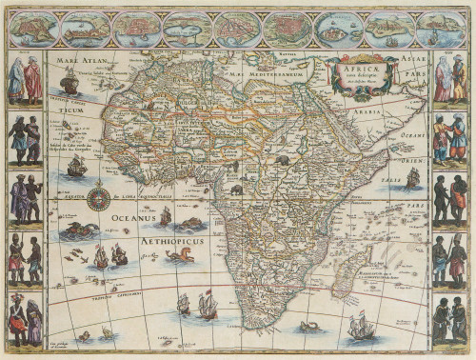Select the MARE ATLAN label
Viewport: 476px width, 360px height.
coord(79,65)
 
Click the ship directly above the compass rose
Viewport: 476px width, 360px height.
coord(77,168)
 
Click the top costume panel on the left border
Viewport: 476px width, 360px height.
coord(26,79)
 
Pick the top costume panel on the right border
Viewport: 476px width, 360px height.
coord(448,79)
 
